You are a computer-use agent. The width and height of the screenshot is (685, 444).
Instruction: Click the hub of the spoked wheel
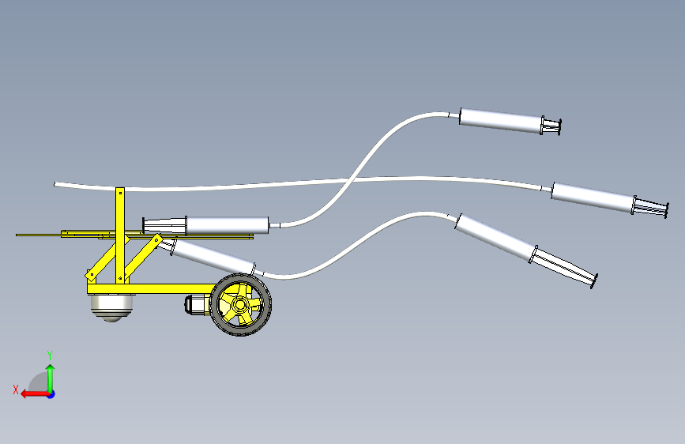pyautogui.click(x=240, y=304)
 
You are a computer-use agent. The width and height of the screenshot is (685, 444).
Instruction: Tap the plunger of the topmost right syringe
pyautogui.click(x=551, y=126)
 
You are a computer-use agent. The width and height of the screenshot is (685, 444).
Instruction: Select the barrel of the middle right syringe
pyautogui.click(x=591, y=198)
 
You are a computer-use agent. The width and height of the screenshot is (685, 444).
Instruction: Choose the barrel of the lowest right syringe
pyautogui.click(x=494, y=237)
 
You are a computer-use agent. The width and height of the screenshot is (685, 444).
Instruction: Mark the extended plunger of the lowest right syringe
pyautogui.click(x=565, y=267)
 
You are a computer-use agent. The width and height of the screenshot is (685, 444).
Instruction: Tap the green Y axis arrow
pyautogui.click(x=50, y=375)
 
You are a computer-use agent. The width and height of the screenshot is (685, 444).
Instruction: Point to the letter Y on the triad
pyautogui.click(x=50, y=355)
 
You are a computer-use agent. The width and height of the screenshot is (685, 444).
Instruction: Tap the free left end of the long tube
pyautogui.click(x=56, y=184)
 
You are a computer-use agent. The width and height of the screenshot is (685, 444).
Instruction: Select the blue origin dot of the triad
pyautogui.click(x=50, y=393)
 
